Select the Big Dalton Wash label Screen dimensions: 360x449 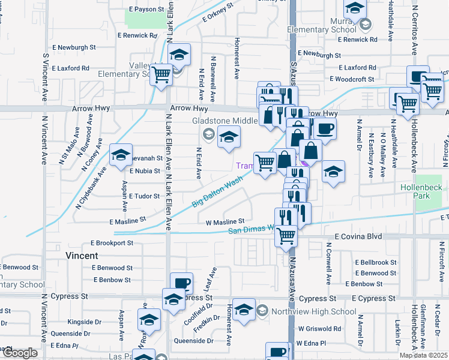tap(217, 191)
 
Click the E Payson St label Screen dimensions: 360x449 tap(146, 10)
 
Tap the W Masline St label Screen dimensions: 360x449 tap(225, 222)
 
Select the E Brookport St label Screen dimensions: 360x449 tap(112, 243)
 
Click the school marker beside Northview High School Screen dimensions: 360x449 tap(244, 310)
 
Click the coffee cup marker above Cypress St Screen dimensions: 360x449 tap(181, 283)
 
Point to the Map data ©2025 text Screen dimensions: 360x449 tap(424, 355)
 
